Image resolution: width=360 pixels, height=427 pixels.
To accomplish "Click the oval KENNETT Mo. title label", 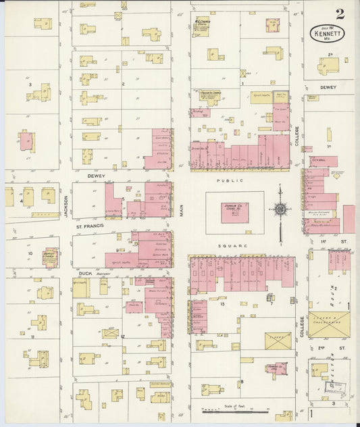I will click(x=327, y=32).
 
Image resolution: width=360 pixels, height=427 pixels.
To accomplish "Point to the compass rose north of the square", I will click(x=280, y=209).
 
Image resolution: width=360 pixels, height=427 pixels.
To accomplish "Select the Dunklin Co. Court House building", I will click(x=234, y=213).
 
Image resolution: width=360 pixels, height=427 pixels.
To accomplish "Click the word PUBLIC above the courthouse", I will click(x=225, y=181).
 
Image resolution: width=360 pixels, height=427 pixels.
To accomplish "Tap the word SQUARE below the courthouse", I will click(x=237, y=246).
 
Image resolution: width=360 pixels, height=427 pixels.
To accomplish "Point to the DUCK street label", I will click(x=84, y=274).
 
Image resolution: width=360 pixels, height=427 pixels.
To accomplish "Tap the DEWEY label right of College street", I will click(x=328, y=87).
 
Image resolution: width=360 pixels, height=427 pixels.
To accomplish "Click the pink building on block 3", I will click(x=26, y=142).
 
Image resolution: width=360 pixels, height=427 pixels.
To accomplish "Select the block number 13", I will click(x=221, y=304).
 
